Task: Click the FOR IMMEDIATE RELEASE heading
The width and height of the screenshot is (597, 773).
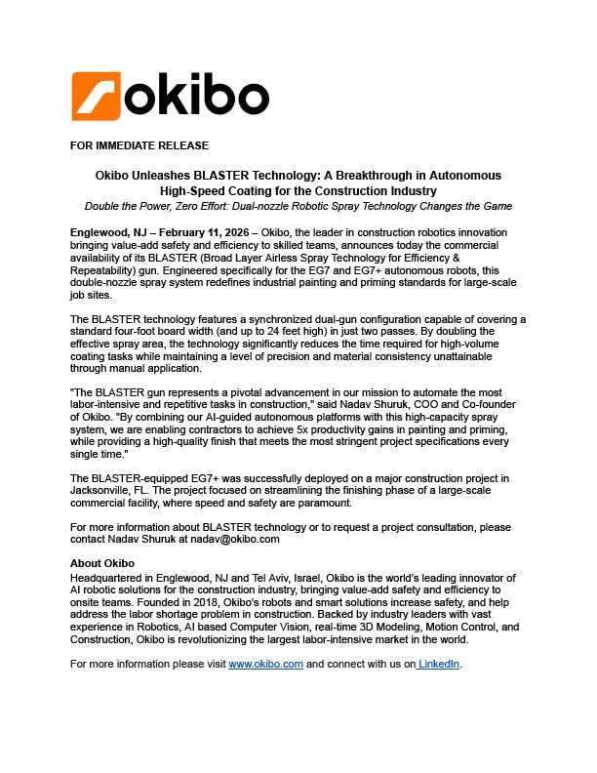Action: (x=139, y=145)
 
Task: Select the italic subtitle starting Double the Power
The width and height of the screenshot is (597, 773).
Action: (x=298, y=206)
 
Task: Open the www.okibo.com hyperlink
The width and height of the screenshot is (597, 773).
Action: (x=265, y=664)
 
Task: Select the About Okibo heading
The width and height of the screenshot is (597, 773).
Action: (x=102, y=563)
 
